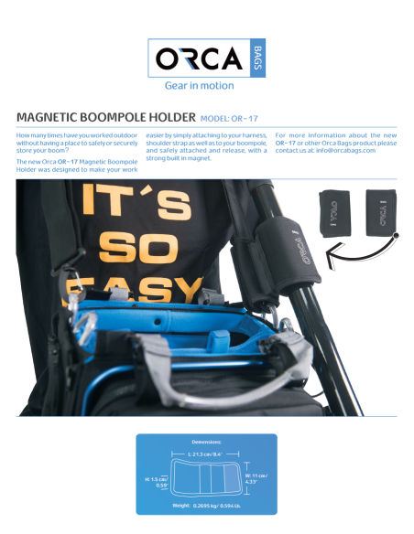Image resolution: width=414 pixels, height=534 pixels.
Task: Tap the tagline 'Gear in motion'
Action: pos(199,86)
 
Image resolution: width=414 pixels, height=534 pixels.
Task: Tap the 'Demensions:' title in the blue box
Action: pos(206,442)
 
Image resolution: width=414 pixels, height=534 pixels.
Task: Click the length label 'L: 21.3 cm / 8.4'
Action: pos(206,454)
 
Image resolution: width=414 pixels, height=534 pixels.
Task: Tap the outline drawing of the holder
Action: pos(205,478)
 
